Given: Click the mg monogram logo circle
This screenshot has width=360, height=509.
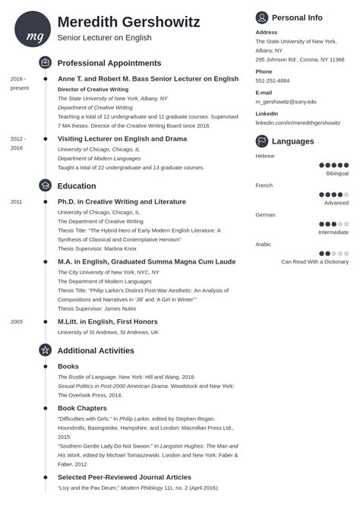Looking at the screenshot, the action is pyautogui.click(x=33, y=29).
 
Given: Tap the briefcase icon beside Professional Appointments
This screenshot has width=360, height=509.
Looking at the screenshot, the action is pyautogui.click(x=45, y=62).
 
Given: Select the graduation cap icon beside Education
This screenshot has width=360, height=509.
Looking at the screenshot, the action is pyautogui.click(x=45, y=185).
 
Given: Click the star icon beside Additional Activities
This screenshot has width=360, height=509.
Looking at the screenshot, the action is pyautogui.click(x=45, y=350).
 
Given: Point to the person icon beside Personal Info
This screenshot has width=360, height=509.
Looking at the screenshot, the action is pyautogui.click(x=261, y=17).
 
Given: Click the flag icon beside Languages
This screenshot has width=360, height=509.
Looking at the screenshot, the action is pyautogui.click(x=261, y=141).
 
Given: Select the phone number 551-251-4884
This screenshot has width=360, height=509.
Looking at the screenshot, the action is pyautogui.click(x=273, y=80).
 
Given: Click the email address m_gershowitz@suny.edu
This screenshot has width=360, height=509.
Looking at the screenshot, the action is pyautogui.click(x=286, y=101).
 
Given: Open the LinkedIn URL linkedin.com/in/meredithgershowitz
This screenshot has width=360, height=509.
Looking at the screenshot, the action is pyautogui.click(x=302, y=122).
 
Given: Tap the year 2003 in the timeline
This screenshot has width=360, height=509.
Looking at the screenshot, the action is pyautogui.click(x=16, y=321).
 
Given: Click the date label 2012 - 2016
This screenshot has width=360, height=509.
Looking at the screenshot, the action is pyautogui.click(x=17, y=143).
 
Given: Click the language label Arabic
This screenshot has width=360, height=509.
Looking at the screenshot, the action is pyautogui.click(x=263, y=245).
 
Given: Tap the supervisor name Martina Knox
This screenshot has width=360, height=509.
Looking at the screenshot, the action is pyautogui.click(x=120, y=248).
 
